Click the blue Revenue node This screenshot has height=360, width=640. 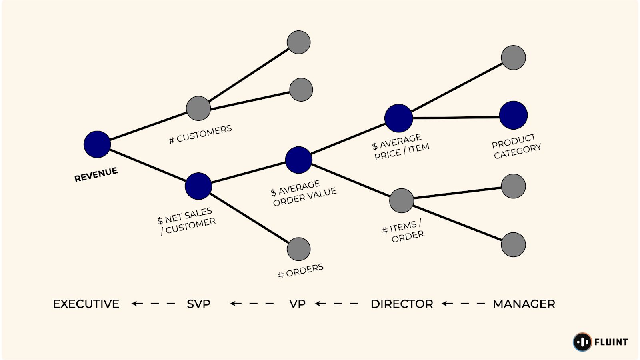[x=97, y=144]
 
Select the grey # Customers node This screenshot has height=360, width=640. [x=198, y=108]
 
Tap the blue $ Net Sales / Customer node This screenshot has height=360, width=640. [x=198, y=186]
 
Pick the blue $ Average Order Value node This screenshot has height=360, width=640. [x=298, y=160]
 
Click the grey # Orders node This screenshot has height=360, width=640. [x=298, y=249]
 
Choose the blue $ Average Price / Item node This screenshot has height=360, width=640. [x=398, y=118]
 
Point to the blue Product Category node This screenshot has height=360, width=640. [x=513, y=115]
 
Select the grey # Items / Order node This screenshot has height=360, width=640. [x=401, y=201]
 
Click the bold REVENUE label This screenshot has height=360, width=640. [x=96, y=175]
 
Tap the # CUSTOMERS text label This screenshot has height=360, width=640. [x=200, y=134]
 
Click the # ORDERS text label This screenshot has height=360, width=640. [x=301, y=271]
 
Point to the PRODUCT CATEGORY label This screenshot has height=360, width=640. [x=516, y=146]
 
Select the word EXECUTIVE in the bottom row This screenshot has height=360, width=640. [x=86, y=304]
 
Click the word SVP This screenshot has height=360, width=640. [x=198, y=304]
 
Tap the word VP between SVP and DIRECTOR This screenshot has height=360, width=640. [x=297, y=304]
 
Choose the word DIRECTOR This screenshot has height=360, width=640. [x=402, y=304]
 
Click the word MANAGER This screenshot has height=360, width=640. [x=524, y=304]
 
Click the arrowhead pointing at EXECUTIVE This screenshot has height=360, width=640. [x=135, y=304]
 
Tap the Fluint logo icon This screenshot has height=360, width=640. [x=582, y=342]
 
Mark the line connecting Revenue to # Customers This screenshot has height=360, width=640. [x=148, y=126]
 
